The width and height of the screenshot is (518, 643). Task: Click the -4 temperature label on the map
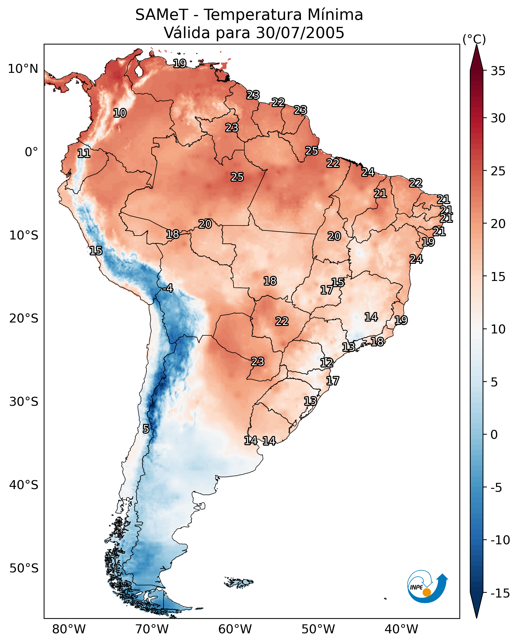168,288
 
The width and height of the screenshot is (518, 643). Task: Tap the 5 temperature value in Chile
146,429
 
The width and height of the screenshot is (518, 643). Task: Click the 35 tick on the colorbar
498,71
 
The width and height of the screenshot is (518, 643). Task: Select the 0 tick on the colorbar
494,434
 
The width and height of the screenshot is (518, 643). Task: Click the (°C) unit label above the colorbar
474,39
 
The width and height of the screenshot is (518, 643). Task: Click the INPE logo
427,586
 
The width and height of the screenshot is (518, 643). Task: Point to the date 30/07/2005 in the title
300,33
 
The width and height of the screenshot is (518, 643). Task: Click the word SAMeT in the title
162,15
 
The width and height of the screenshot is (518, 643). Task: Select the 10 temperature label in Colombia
120,113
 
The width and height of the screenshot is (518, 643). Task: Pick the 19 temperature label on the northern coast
180,63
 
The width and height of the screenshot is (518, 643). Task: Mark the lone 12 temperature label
327,363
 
